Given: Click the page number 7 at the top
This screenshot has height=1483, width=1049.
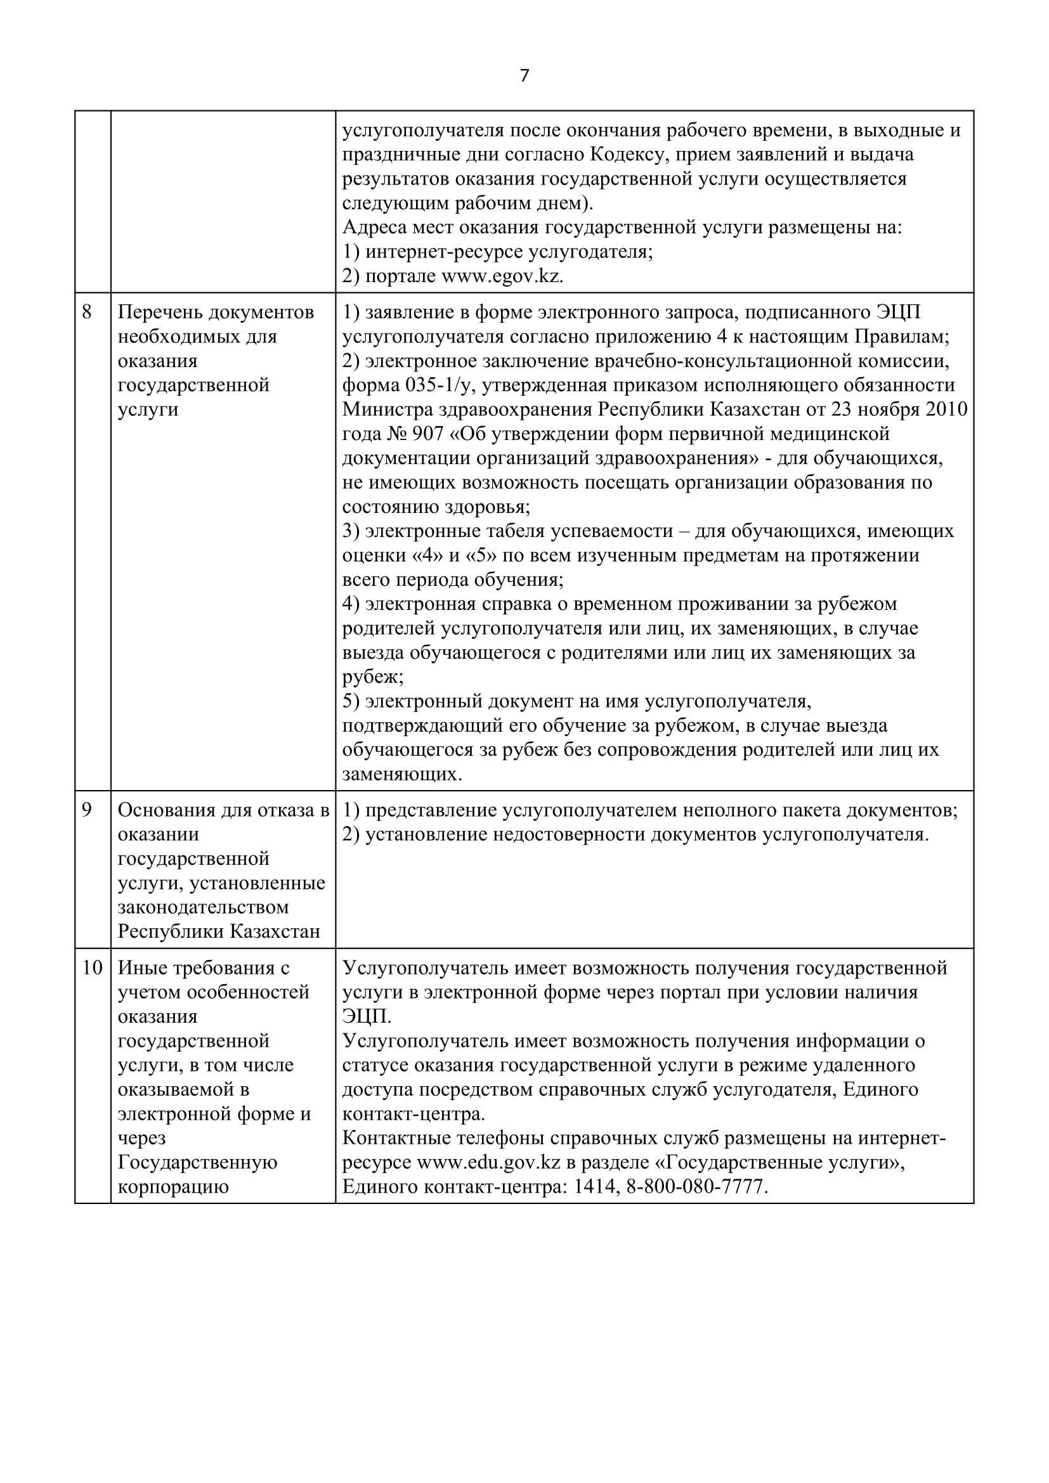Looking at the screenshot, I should [x=524, y=76].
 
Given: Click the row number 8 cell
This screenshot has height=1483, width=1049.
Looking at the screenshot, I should [x=87, y=313].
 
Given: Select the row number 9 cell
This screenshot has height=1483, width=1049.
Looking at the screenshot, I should [x=87, y=810].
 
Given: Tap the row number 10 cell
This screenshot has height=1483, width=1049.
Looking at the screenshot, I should [x=93, y=968].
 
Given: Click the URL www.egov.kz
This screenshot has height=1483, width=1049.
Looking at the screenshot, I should [x=501, y=276].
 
